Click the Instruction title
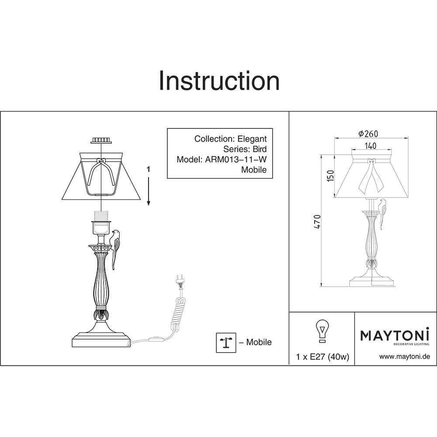(219, 80)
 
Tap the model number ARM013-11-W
(236, 159)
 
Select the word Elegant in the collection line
(252, 139)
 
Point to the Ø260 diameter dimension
(368, 134)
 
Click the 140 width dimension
(370, 146)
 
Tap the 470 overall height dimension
(317, 222)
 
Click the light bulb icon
(322, 331)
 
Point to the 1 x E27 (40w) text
(323, 357)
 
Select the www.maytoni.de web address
(405, 357)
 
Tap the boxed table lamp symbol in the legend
(226, 343)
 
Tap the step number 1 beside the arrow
(149, 169)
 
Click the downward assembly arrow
(149, 191)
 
